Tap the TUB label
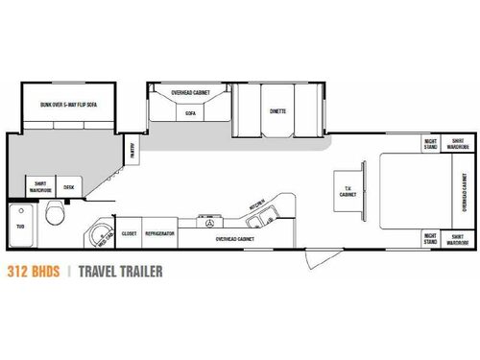tap(20, 228)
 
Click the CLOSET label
tap(130, 233)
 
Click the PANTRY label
tap(131, 150)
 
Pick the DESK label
tap(68, 187)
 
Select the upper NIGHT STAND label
tap(431, 145)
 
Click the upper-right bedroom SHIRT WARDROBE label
tap(459, 145)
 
